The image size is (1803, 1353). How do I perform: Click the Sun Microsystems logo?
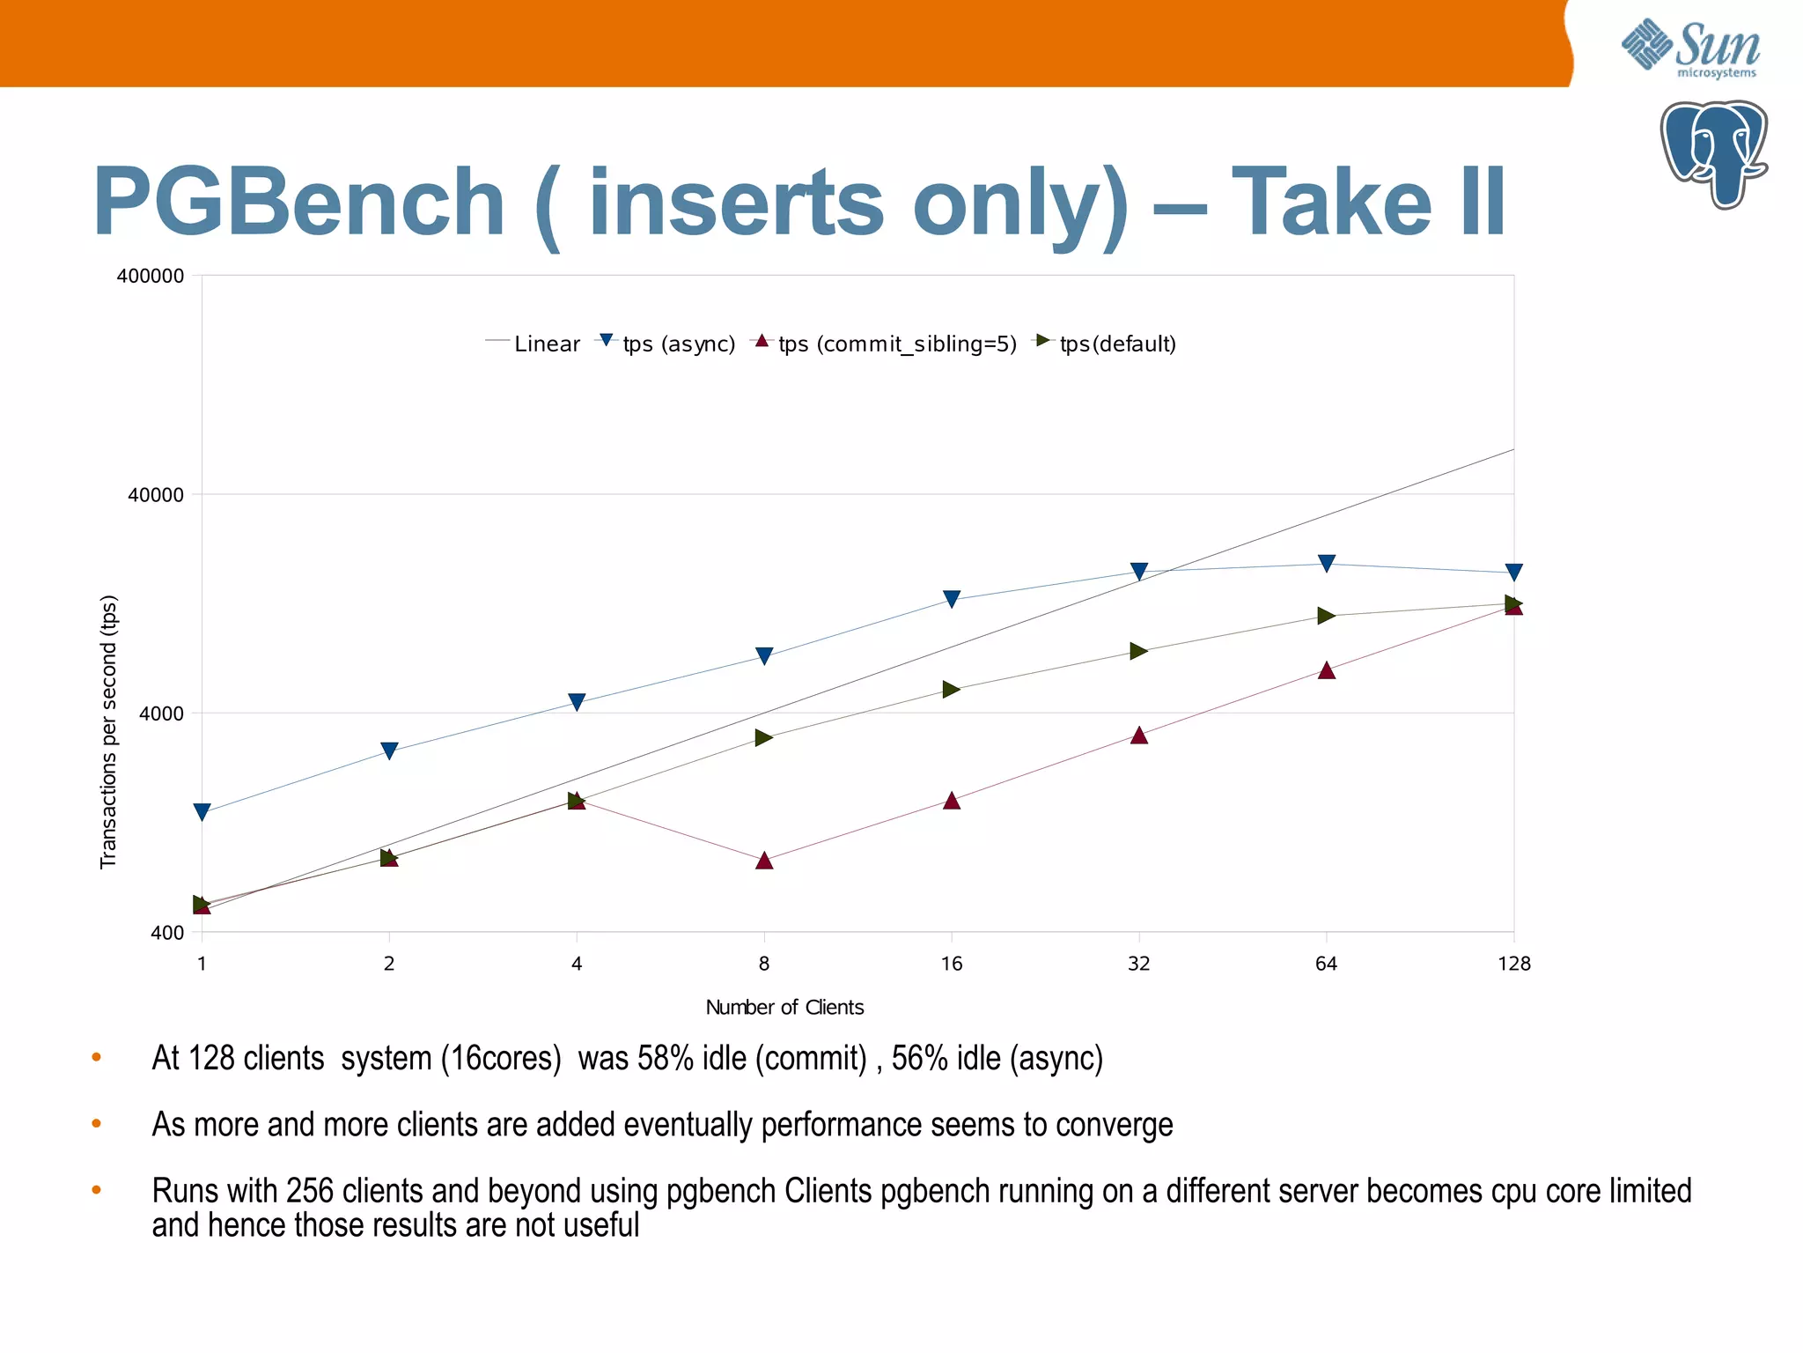(x=1690, y=48)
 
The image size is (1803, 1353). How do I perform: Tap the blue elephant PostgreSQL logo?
(x=1713, y=154)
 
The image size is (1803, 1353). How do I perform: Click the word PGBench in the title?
(x=298, y=203)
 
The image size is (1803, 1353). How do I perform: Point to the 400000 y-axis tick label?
(x=151, y=276)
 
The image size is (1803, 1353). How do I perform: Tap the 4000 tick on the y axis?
(x=162, y=713)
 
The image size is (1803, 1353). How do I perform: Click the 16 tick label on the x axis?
(x=951, y=964)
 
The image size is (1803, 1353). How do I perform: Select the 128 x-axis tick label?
(x=1513, y=964)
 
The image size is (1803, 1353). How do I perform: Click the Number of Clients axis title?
(x=784, y=1007)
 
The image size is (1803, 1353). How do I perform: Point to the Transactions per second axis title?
(x=108, y=731)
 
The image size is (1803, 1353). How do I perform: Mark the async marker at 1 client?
(x=202, y=812)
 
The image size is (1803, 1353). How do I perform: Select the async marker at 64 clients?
(x=1327, y=563)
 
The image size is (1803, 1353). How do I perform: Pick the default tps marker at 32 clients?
(x=1138, y=651)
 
